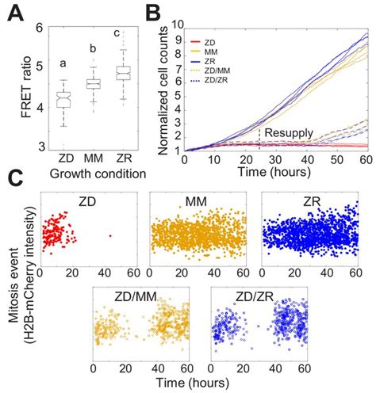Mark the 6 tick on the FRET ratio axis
tap(38, 26)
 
